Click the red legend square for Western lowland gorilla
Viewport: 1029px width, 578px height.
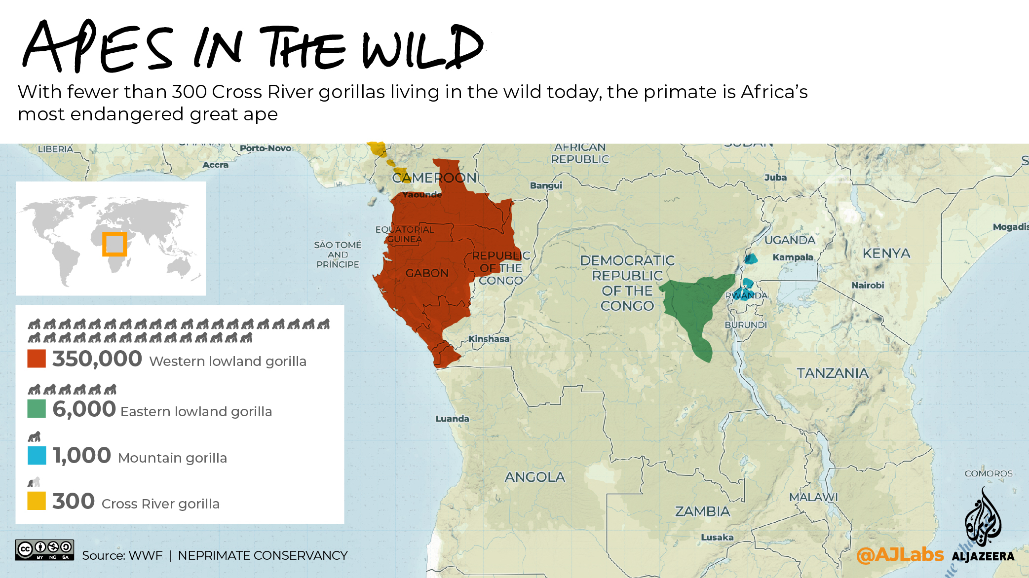click(37, 359)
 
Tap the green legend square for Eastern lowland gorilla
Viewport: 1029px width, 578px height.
click(37, 409)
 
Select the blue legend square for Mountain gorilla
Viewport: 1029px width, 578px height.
click(37, 455)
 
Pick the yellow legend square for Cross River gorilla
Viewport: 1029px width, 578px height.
click(37, 501)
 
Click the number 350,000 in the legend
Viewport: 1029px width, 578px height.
click(97, 359)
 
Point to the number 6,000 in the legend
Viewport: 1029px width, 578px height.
click(84, 409)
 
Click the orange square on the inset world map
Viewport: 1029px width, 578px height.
click(114, 244)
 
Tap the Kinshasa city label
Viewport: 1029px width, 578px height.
click(489, 339)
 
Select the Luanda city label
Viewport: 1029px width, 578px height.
click(452, 419)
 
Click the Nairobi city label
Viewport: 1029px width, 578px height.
click(868, 285)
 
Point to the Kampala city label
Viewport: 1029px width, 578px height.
click(793, 257)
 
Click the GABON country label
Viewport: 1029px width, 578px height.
click(427, 273)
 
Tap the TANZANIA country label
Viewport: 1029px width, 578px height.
click(833, 373)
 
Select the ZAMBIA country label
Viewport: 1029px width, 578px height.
click(702, 511)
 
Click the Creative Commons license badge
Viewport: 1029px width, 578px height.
click(44, 550)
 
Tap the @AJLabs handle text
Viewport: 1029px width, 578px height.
click(900, 555)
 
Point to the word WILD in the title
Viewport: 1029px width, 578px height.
click(422, 48)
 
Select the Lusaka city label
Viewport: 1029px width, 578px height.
click(717, 537)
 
